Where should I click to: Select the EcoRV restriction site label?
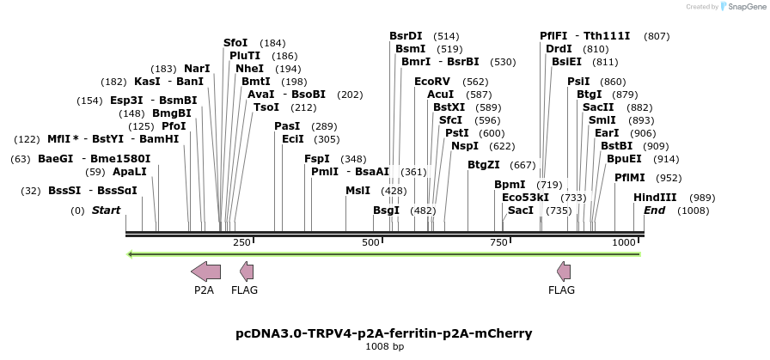pos(432,81)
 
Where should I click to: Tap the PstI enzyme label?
pos(455,132)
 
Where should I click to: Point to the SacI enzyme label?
pos(521,210)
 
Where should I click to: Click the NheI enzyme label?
pos(249,68)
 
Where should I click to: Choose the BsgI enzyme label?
pos(386,210)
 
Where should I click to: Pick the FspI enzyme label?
pos(317,158)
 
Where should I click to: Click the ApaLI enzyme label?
pos(130,171)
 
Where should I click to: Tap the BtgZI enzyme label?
pos(483,164)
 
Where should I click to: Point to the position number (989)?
pos(702,197)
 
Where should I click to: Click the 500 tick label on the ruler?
pos(371,243)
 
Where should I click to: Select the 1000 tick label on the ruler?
pos(623,243)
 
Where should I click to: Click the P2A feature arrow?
pos(205,272)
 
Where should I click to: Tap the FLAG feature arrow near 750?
pos(564,272)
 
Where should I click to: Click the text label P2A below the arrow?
pos(204,290)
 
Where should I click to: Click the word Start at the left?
pos(106,210)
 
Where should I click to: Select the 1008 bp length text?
pos(384,346)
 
